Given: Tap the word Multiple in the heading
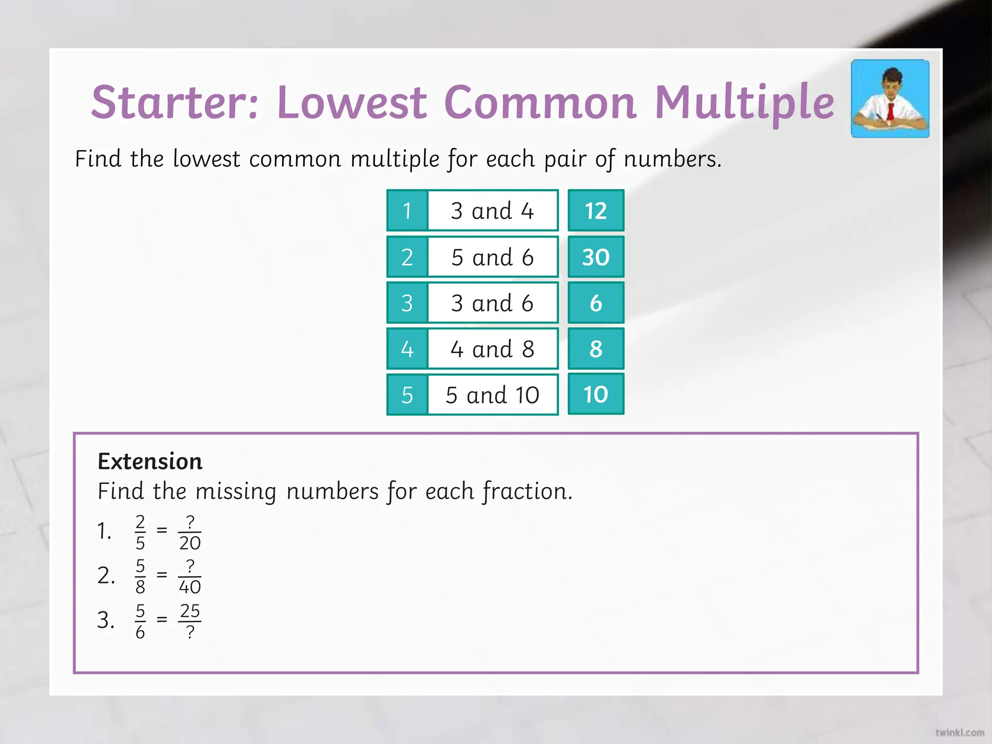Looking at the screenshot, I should point(744,103).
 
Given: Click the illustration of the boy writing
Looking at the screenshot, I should point(890,99).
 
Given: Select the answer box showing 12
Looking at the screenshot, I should point(595,211).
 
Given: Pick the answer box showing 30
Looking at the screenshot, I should point(595,257).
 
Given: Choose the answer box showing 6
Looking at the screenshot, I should point(595,303).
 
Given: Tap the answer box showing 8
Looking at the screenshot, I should point(595,349).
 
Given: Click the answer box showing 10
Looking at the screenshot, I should point(595,394).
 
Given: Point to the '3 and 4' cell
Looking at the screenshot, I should point(492,211).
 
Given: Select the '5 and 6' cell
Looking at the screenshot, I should point(492,257).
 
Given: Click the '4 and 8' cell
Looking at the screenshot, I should point(492,349).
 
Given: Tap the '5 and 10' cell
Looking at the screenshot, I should point(492,395).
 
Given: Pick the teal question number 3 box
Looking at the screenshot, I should point(407,303).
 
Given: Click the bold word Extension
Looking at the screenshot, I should point(150,461).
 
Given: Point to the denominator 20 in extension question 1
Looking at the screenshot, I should point(190,543).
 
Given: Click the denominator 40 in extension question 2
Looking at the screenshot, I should point(190,587).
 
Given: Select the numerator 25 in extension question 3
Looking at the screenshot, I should point(190,611).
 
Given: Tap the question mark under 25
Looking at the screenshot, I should point(190,632).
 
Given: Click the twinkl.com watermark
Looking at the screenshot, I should point(960,732).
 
